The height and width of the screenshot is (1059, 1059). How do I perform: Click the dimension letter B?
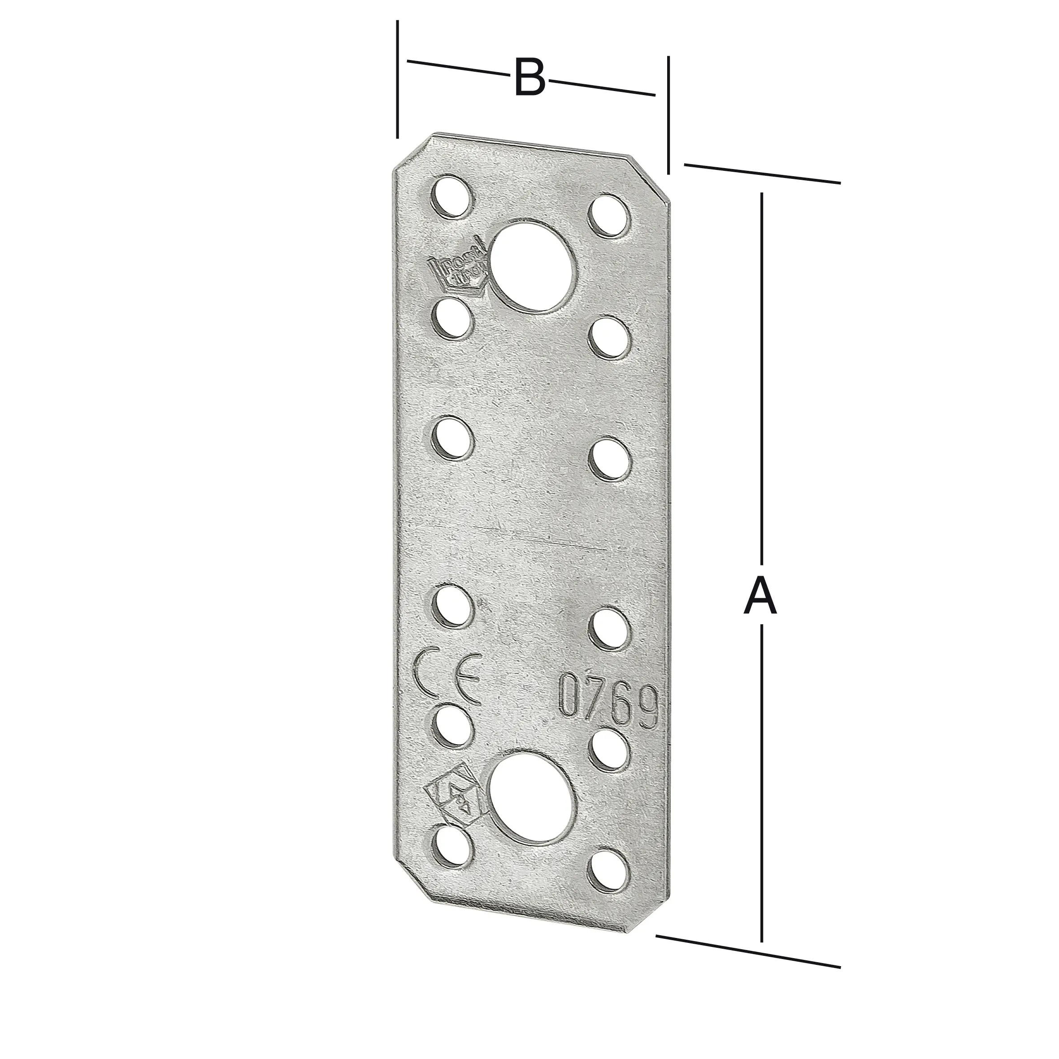click(530, 78)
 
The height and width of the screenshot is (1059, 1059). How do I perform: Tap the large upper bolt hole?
click(534, 266)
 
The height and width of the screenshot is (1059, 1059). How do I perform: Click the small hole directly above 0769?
click(609, 628)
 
